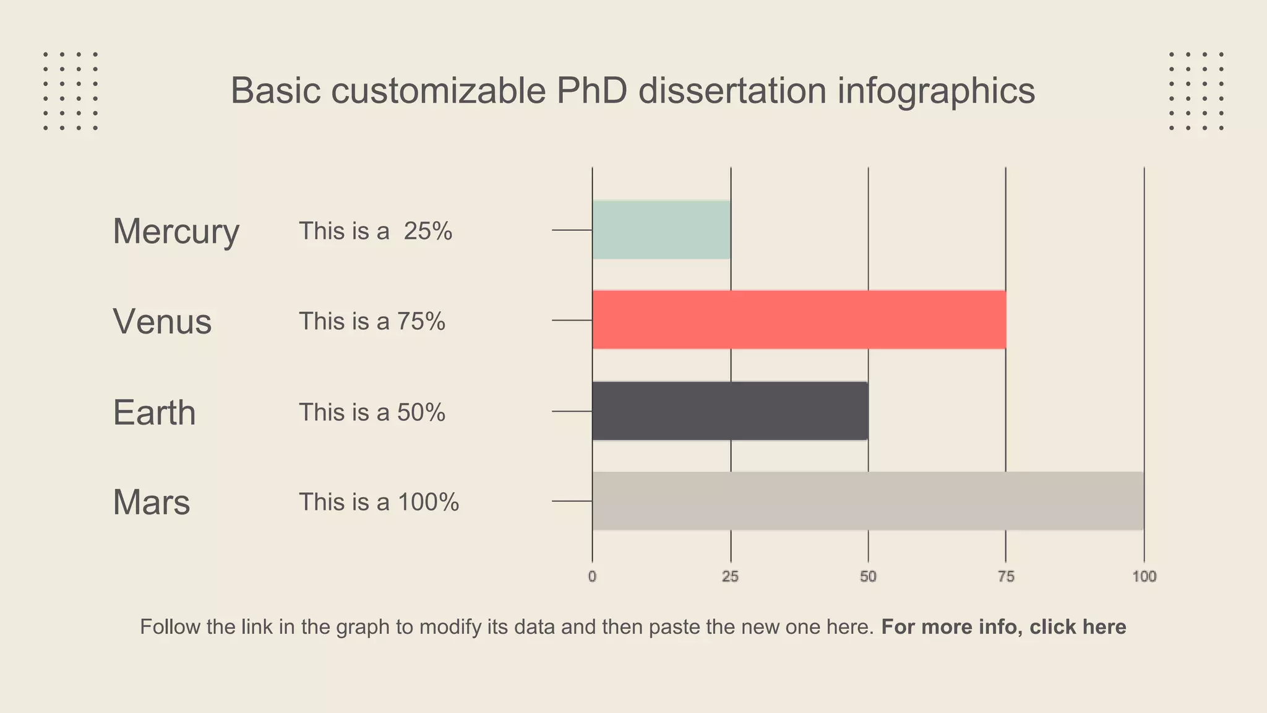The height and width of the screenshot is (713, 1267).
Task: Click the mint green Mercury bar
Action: click(661, 230)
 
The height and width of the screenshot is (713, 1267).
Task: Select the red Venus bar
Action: click(799, 319)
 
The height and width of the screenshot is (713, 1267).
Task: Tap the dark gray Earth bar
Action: click(730, 411)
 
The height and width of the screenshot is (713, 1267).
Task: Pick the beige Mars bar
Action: click(867, 501)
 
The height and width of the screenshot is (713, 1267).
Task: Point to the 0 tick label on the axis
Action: click(592, 577)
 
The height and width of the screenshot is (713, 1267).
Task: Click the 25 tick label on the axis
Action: click(730, 577)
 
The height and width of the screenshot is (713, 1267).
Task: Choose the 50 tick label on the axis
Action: click(868, 577)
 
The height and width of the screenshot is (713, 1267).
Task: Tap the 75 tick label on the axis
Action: click(1006, 577)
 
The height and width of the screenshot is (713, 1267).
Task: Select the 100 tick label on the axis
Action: click(1144, 577)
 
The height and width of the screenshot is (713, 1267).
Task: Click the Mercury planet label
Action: click(176, 231)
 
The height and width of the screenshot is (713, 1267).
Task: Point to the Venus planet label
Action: click(162, 322)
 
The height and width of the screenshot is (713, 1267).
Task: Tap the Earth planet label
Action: click(154, 413)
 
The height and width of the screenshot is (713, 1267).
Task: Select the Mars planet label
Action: click(151, 502)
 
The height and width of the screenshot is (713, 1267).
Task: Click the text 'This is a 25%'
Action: click(376, 231)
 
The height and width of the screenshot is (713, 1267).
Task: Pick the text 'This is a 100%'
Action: click(379, 502)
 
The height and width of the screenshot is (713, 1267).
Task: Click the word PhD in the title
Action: click(591, 90)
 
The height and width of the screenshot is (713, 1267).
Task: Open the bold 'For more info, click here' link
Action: click(1003, 627)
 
